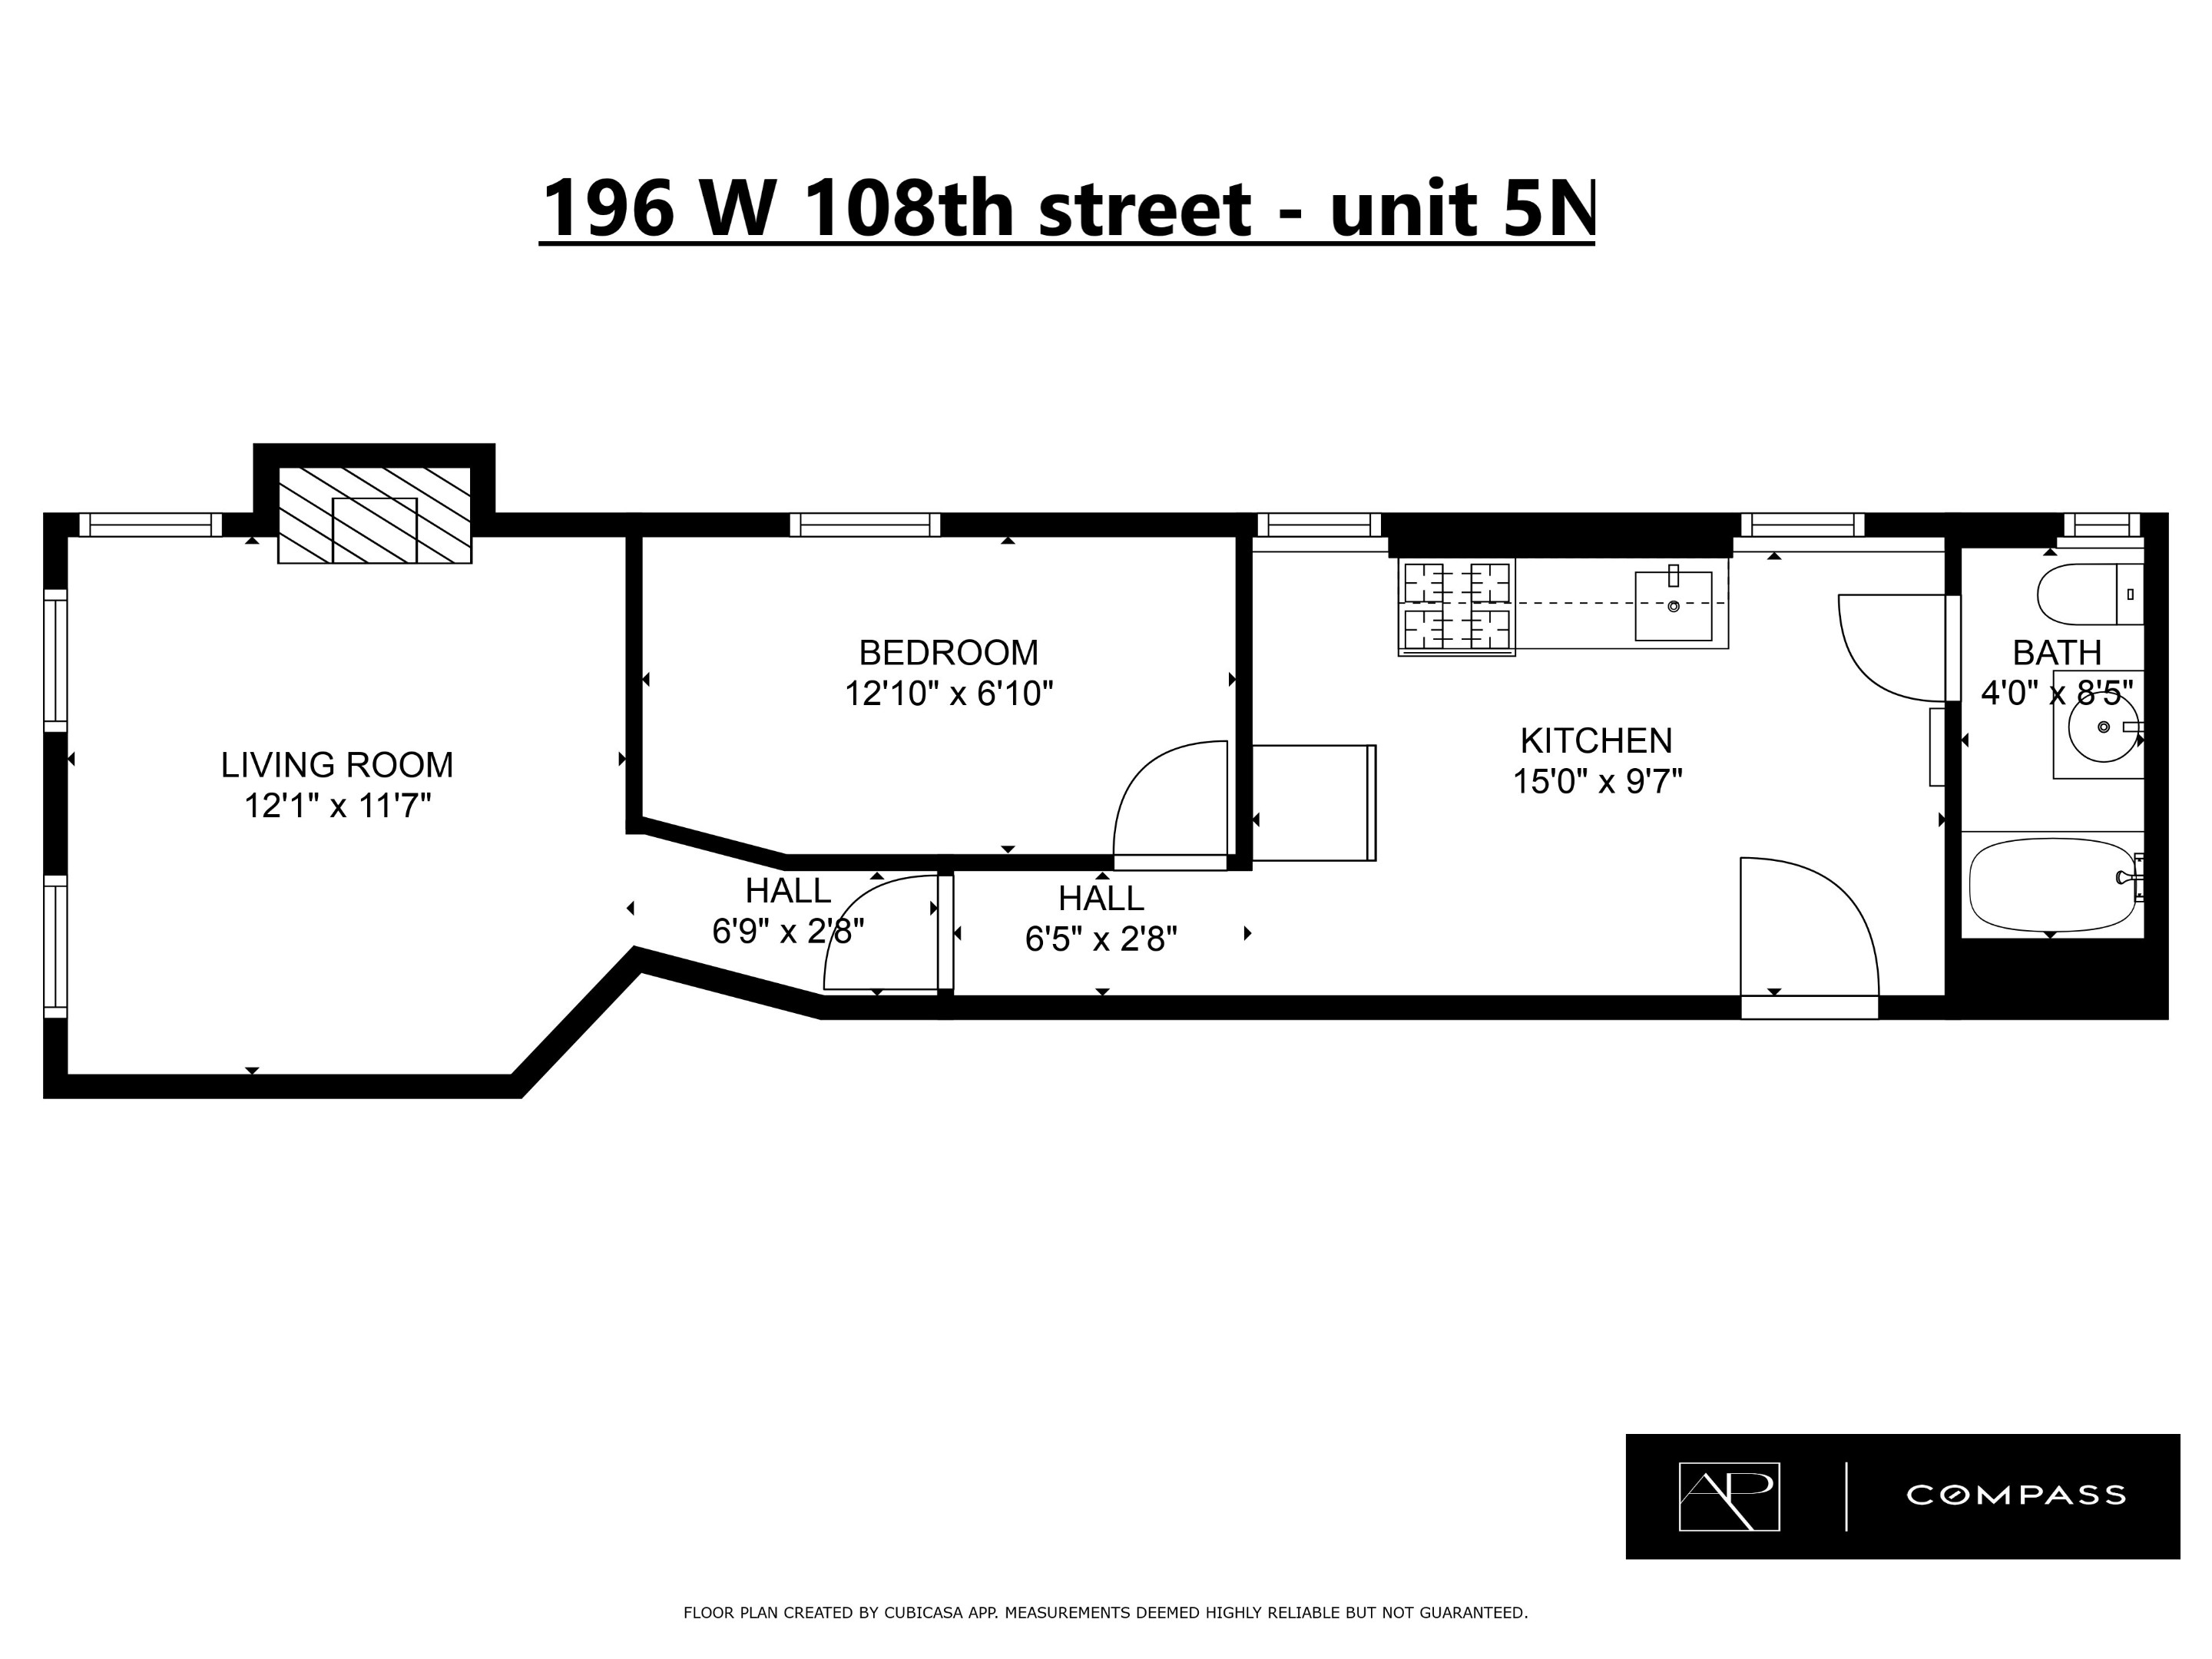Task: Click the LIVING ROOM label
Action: click(337, 765)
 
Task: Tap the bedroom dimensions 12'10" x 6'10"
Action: click(949, 693)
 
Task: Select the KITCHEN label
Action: click(1596, 741)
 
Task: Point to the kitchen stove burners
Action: click(1456, 606)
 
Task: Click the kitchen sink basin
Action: click(1673, 607)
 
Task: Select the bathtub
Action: click(2050, 884)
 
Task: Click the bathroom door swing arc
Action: click(1893, 648)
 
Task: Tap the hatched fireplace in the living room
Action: click(374, 515)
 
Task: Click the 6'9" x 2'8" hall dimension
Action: click(788, 932)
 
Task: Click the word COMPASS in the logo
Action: click(2015, 1495)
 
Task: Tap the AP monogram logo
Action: click(1729, 1496)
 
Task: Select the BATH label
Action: click(2057, 653)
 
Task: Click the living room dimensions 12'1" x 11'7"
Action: click(337, 806)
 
